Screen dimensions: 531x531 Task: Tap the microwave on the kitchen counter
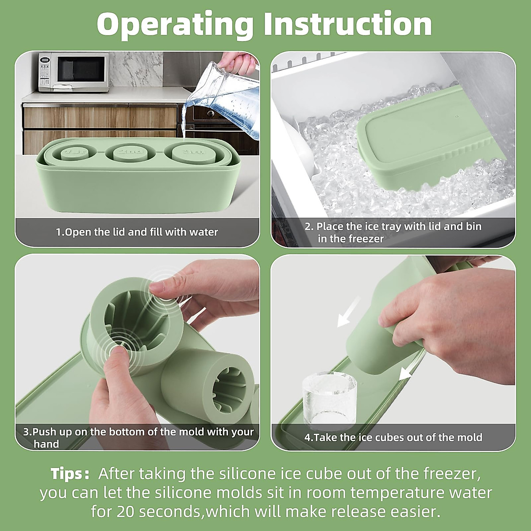(73, 72)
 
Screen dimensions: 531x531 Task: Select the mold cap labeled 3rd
(192, 154)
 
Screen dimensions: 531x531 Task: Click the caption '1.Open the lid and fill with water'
(137, 232)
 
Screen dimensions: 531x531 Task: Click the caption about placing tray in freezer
(392, 232)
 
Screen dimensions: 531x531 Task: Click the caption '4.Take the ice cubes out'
(393, 438)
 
